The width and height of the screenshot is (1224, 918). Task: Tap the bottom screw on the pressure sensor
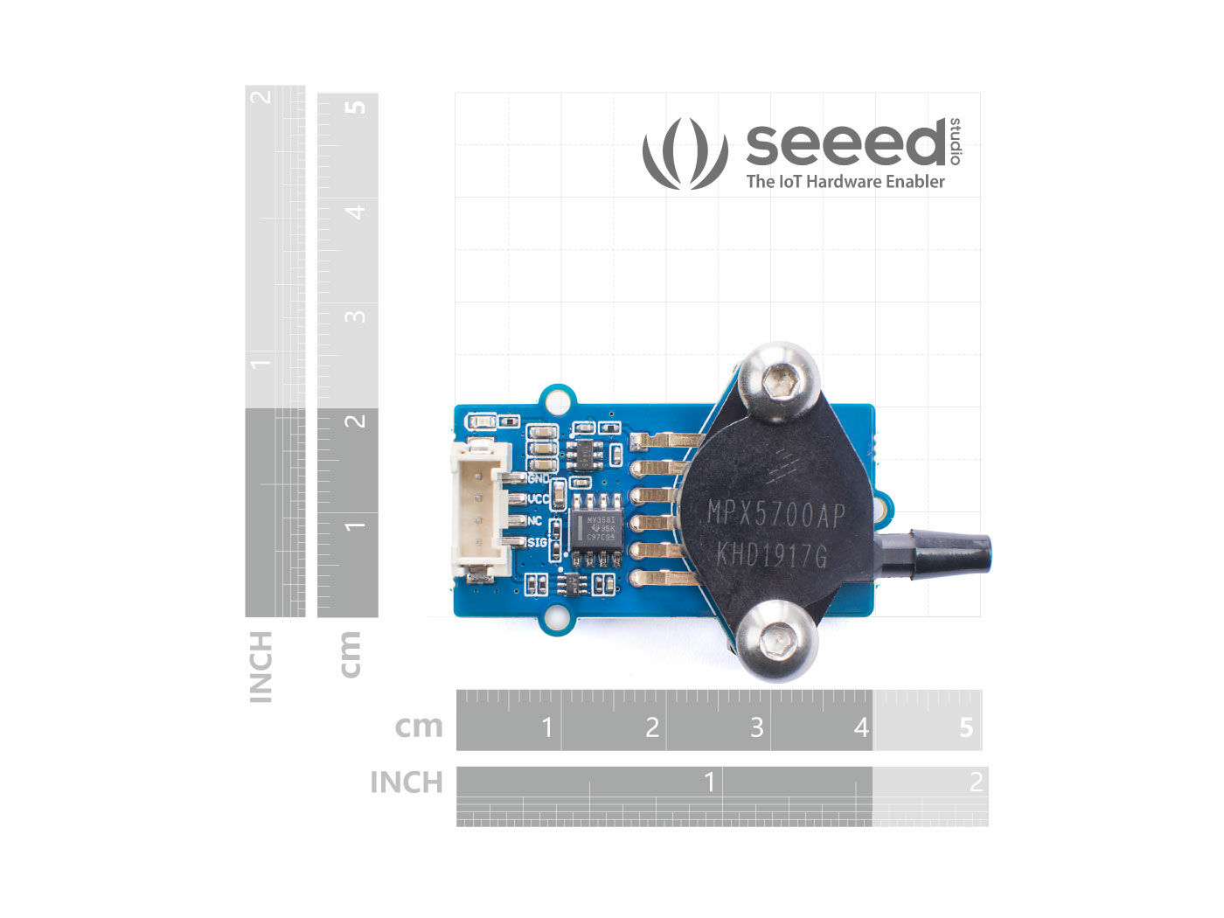click(x=776, y=644)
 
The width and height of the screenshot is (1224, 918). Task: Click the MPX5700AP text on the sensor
click(x=776, y=516)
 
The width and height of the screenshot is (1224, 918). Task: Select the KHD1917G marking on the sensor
click(x=771, y=554)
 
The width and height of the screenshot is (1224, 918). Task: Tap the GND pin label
click(x=539, y=479)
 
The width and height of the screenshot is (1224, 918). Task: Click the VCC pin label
click(x=539, y=499)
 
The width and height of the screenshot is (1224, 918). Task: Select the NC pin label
click(x=534, y=521)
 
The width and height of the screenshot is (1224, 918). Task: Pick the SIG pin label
click(x=536, y=542)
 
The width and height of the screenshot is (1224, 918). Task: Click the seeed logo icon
click(x=685, y=154)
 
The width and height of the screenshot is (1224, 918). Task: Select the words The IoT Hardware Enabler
click(x=845, y=182)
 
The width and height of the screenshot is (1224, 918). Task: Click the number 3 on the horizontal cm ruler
click(x=756, y=727)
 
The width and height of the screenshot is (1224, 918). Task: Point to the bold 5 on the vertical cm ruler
click(x=355, y=108)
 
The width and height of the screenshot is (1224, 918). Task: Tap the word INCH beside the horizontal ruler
click(x=407, y=782)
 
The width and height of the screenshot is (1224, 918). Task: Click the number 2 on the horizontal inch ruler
click(x=976, y=782)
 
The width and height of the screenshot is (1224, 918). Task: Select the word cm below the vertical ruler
click(x=349, y=653)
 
